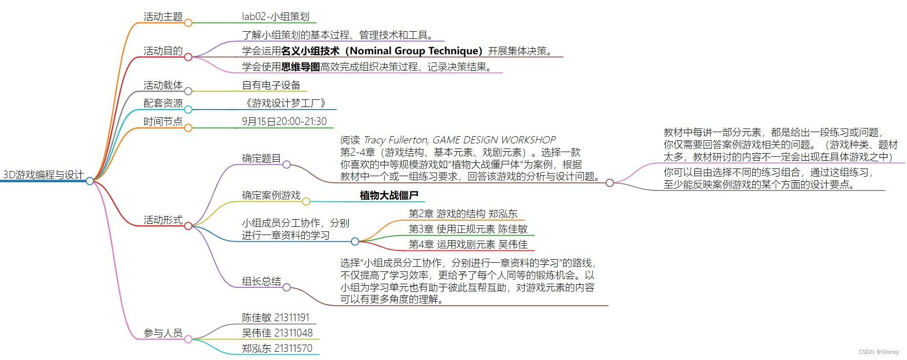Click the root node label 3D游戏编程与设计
click(x=43, y=175)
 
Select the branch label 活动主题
click(x=163, y=17)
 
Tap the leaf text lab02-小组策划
click(x=276, y=17)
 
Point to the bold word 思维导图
click(x=301, y=67)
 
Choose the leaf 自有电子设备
click(x=271, y=86)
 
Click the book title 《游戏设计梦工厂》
click(x=285, y=103)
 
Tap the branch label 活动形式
click(x=163, y=220)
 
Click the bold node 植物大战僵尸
click(x=389, y=196)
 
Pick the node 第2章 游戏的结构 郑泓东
click(x=463, y=214)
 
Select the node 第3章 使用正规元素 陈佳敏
click(x=468, y=229)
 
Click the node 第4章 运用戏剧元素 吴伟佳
click(x=468, y=245)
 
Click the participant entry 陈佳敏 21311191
click(x=276, y=318)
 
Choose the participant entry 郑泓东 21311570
click(x=277, y=349)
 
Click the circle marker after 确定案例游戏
click(x=306, y=202)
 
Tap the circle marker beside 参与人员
click(x=188, y=339)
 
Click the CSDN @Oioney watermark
click(x=878, y=352)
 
